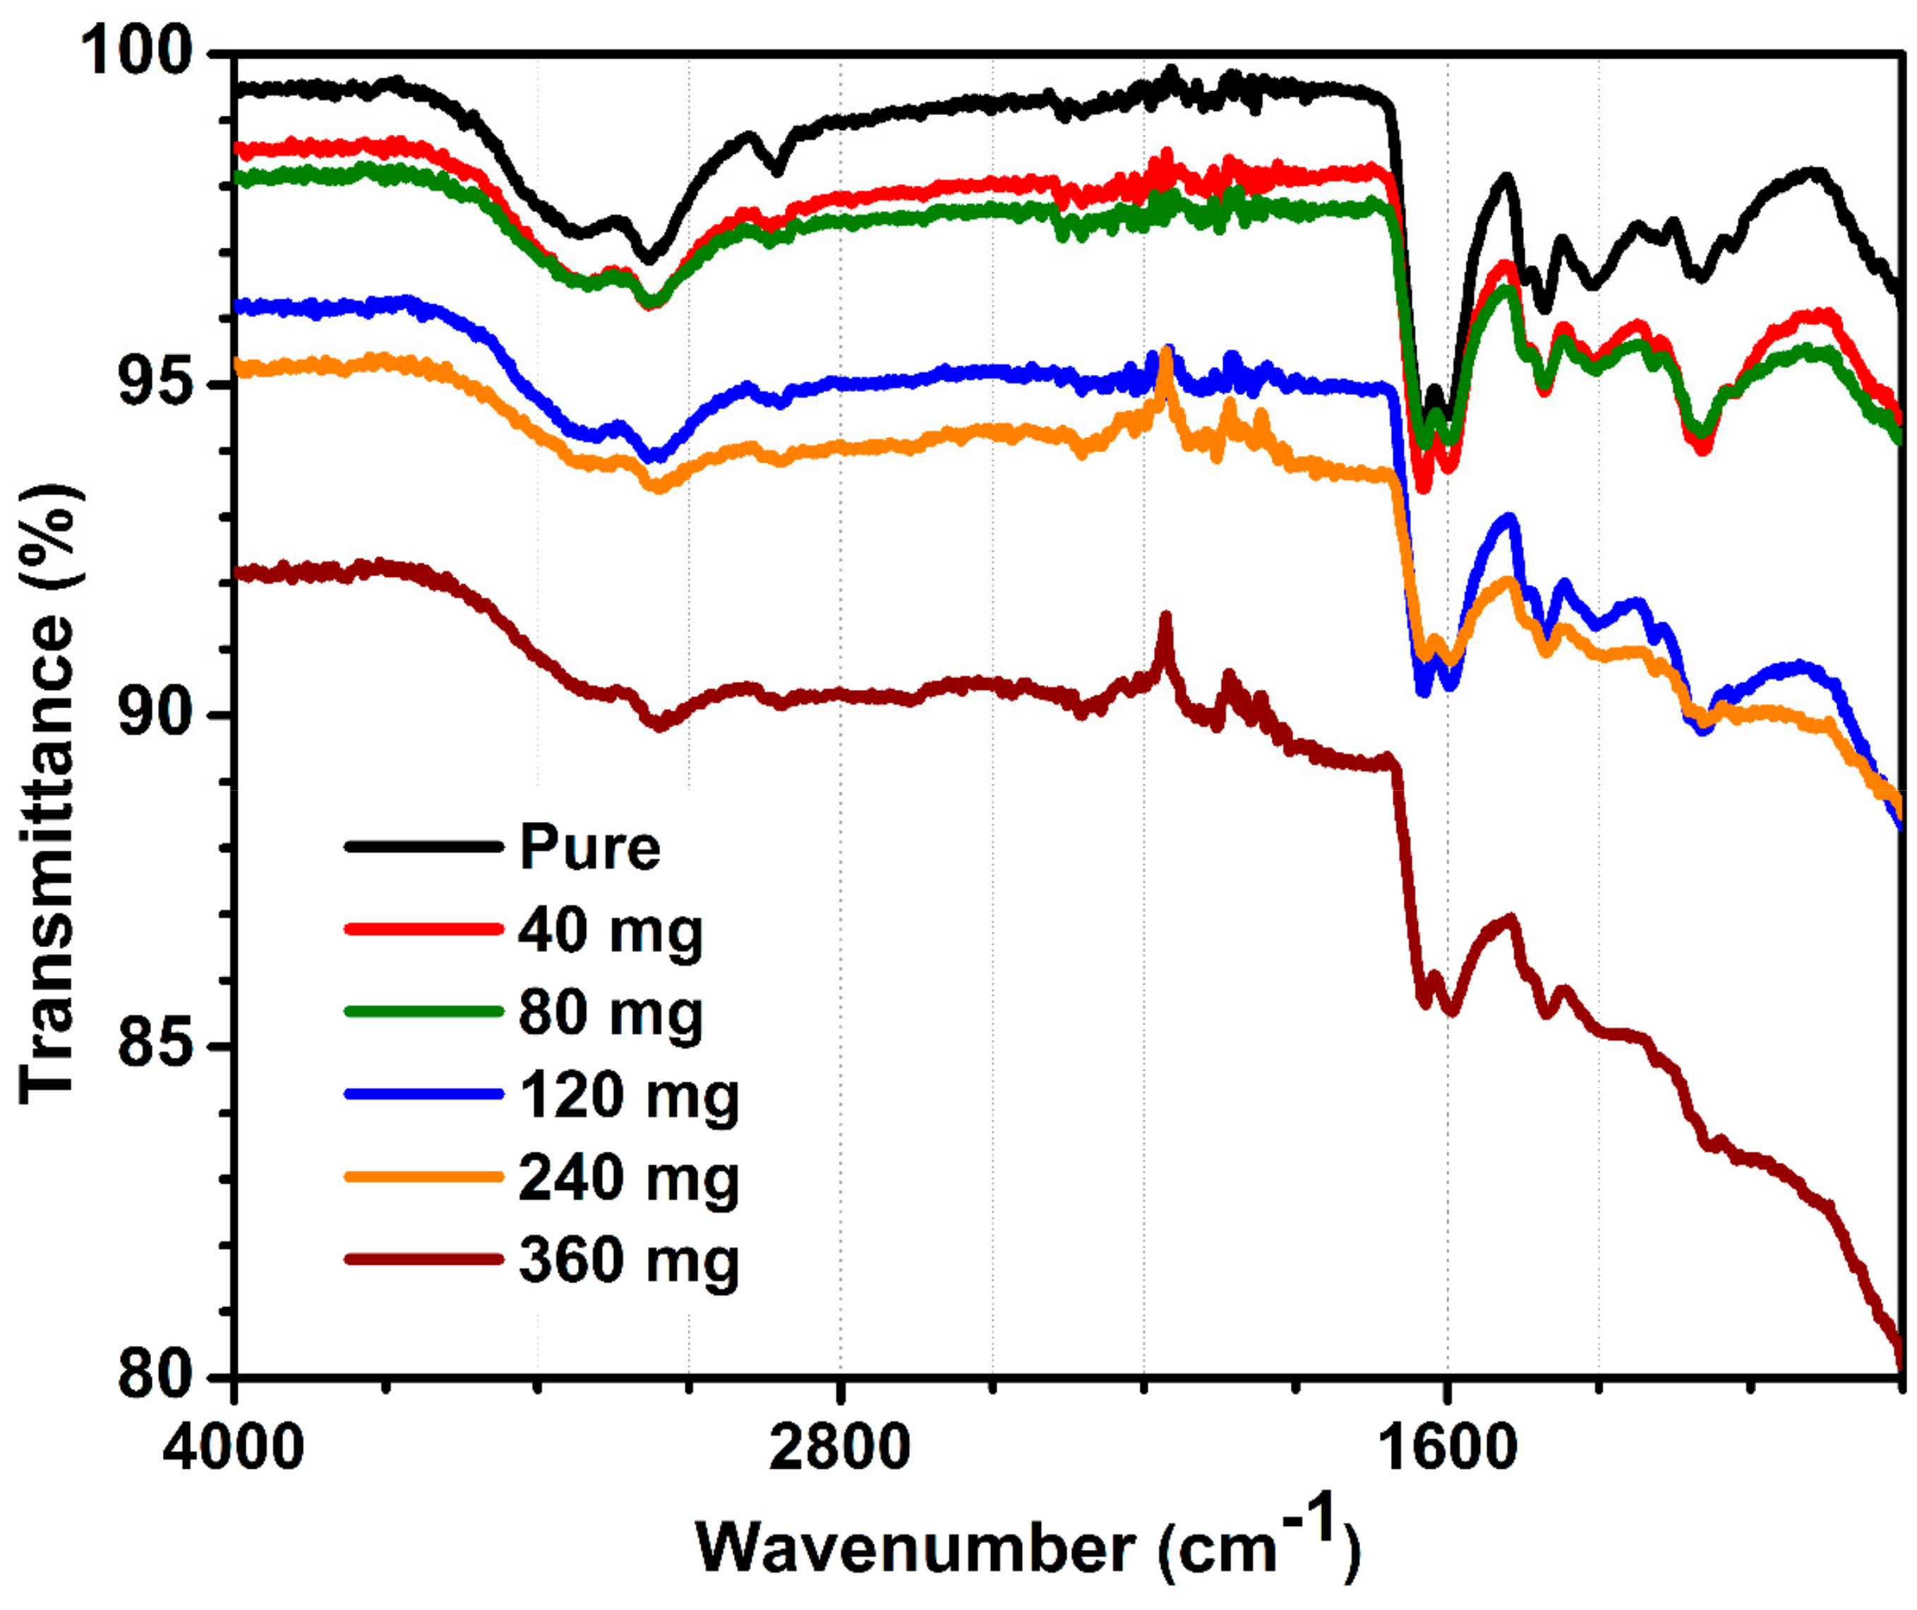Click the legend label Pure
[589, 847]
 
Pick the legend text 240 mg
[628, 1177]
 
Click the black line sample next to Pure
[423, 847]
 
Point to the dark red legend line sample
[423, 1259]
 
